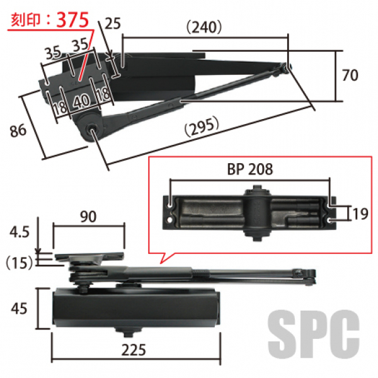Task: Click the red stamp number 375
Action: [x=73, y=20]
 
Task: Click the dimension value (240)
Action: [x=204, y=26]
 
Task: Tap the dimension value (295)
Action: [x=202, y=127]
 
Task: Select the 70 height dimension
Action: [x=350, y=75]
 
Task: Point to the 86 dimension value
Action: [x=18, y=130]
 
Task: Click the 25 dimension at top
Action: [x=113, y=23]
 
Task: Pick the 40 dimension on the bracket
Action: [x=82, y=101]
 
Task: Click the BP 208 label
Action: [x=250, y=169]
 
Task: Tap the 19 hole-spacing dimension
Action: [x=360, y=214]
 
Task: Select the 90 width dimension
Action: [x=88, y=217]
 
